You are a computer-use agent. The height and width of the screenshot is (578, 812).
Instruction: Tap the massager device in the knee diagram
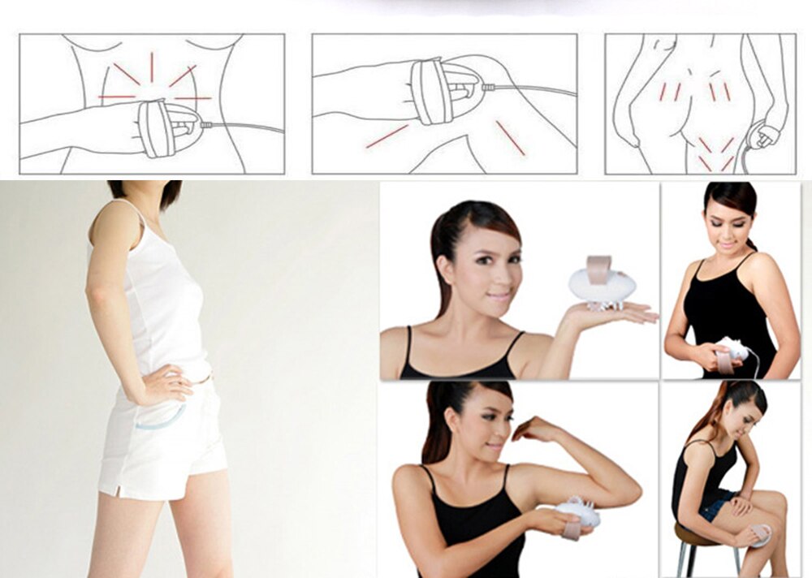432,91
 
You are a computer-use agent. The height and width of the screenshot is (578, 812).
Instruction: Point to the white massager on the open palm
602,285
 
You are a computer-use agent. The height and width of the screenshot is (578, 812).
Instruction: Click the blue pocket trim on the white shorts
159,421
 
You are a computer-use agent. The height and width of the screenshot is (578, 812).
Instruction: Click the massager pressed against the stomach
733,348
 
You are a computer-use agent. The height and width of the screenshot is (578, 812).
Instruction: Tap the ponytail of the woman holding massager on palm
442,260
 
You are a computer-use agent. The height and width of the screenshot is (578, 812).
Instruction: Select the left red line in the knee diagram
386,136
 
